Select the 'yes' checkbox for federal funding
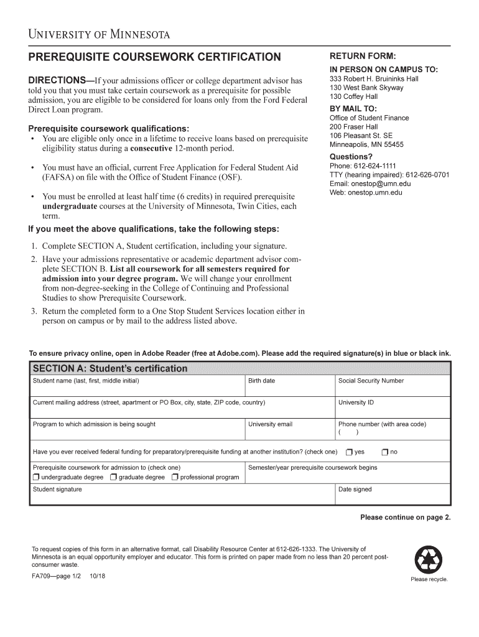click(x=350, y=452)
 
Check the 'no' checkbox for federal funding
click(x=385, y=452)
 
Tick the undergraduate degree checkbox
click(x=36, y=477)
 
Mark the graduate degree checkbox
click(x=113, y=477)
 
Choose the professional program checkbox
click(x=175, y=477)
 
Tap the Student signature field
click(x=181, y=496)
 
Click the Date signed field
click(x=392, y=496)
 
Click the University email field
click(x=289, y=432)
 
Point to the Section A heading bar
click(x=239, y=368)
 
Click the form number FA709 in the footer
click(x=42, y=578)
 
